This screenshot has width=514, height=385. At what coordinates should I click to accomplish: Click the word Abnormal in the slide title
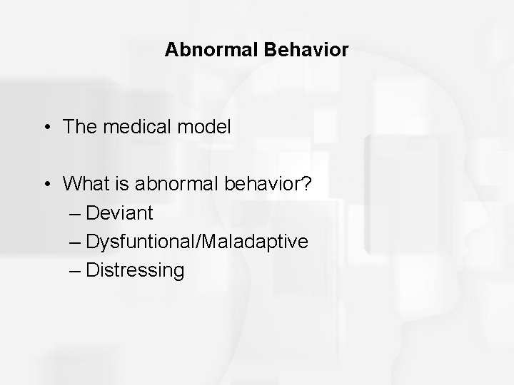tap(202, 50)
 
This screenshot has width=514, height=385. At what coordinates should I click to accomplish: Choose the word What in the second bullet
tap(83, 185)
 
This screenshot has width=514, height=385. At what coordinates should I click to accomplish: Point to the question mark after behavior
tap(305, 185)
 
